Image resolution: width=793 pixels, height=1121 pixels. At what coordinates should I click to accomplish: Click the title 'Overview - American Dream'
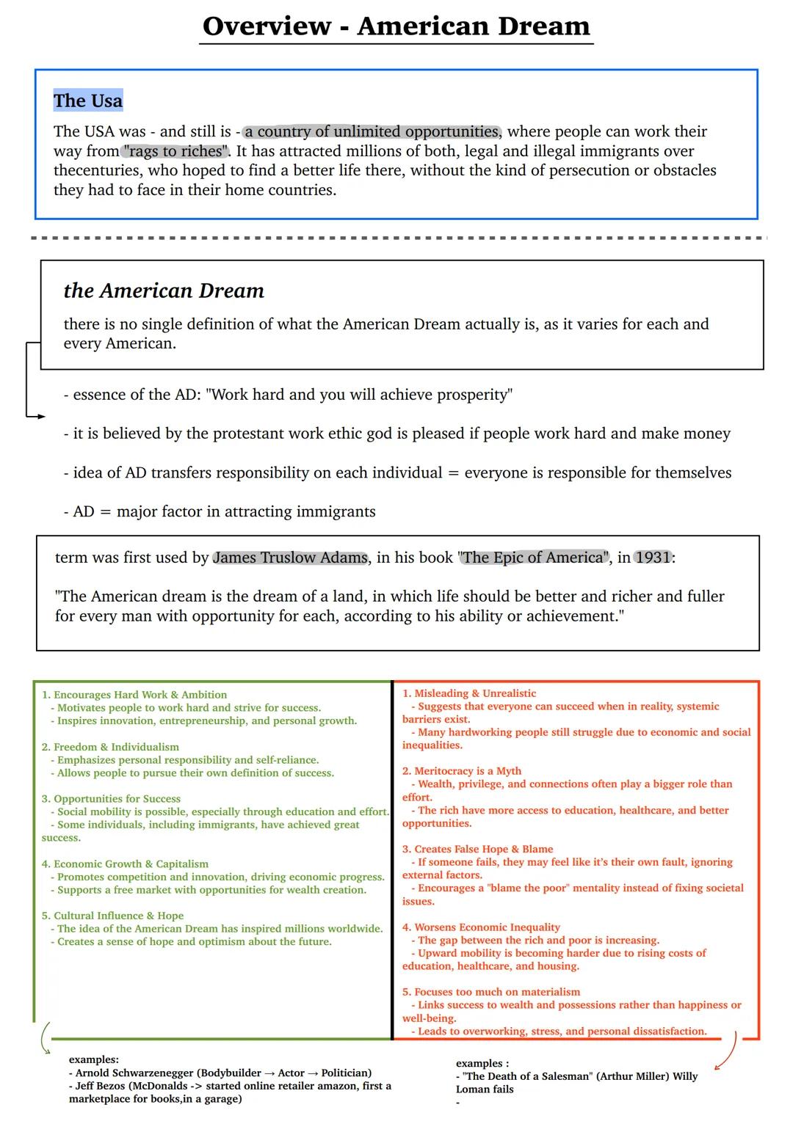click(x=396, y=26)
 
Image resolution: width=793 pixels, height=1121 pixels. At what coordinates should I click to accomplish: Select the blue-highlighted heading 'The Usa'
click(x=88, y=101)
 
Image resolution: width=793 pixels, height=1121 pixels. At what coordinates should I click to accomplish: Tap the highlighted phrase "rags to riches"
click(x=175, y=151)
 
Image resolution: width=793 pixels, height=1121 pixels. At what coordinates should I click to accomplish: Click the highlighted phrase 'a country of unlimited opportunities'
click(x=372, y=131)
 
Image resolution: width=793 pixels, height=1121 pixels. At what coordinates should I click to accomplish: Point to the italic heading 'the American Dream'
click(x=164, y=291)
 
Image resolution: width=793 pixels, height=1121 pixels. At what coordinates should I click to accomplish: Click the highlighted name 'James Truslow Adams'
click(x=290, y=558)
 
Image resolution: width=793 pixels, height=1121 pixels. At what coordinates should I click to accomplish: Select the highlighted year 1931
click(x=653, y=558)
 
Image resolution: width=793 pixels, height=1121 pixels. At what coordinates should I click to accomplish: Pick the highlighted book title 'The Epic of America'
click(x=535, y=558)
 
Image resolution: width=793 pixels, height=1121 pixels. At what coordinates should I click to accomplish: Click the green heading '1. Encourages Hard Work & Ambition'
click(x=134, y=695)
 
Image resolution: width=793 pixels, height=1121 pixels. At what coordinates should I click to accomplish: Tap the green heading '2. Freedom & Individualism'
click(x=110, y=747)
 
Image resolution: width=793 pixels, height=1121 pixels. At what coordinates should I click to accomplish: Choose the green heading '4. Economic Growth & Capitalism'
click(x=125, y=864)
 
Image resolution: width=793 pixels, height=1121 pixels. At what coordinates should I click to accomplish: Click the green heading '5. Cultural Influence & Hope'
click(x=112, y=916)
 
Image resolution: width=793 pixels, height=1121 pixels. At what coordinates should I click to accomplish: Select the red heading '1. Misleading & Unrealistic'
click(x=469, y=693)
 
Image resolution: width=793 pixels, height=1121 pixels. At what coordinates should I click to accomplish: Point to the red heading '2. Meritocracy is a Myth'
click(x=462, y=771)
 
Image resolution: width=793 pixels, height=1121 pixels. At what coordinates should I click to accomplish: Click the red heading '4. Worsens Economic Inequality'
click(x=481, y=927)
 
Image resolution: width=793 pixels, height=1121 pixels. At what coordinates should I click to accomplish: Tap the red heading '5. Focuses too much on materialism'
click(x=491, y=992)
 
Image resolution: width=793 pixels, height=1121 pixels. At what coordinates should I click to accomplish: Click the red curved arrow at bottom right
click(x=726, y=1052)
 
